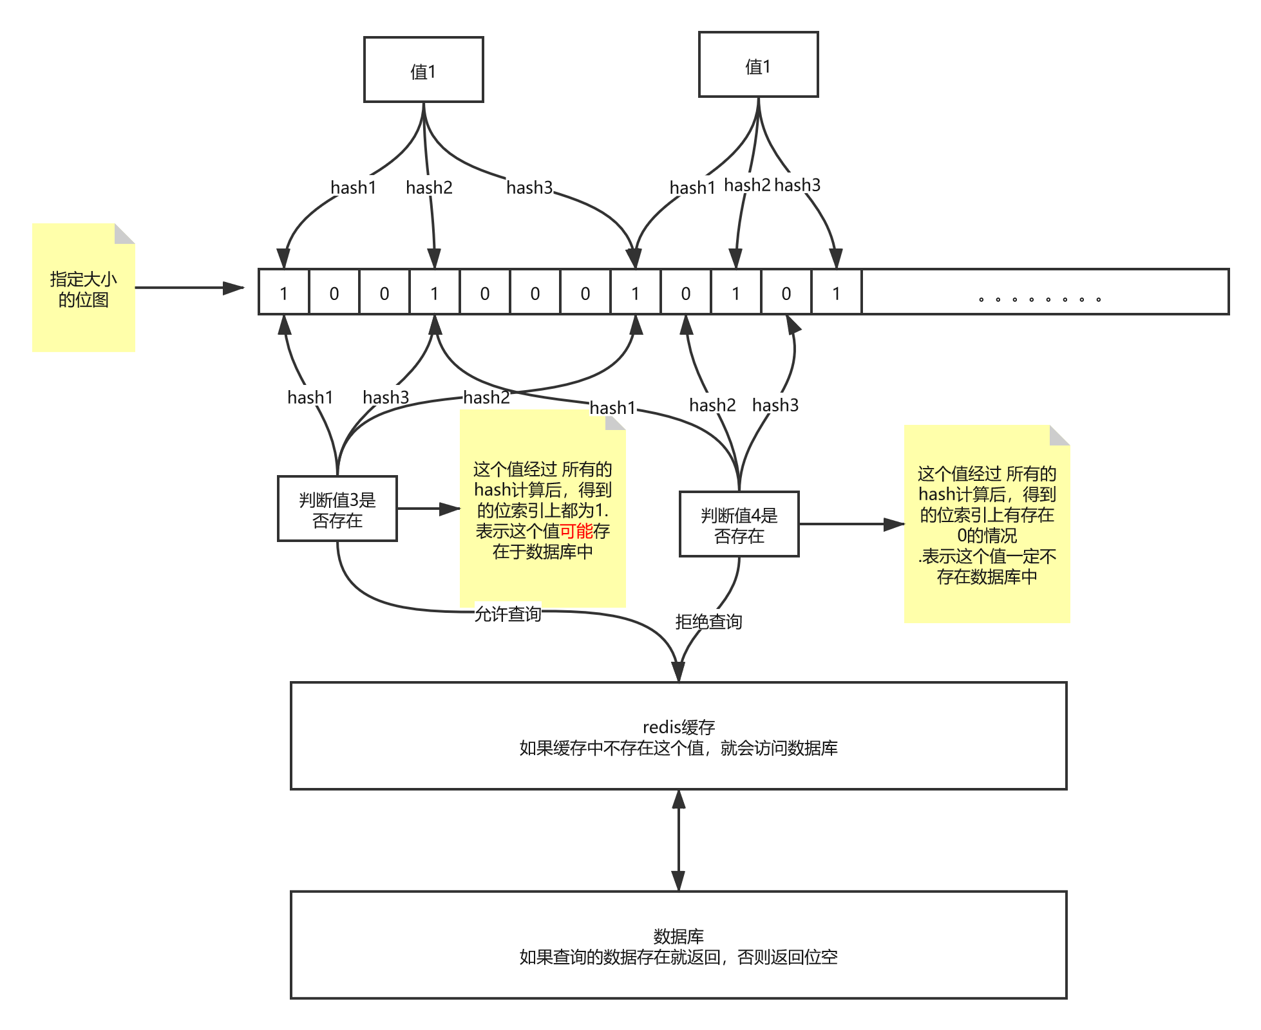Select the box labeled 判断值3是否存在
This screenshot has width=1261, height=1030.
point(337,509)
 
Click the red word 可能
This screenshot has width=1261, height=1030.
point(576,531)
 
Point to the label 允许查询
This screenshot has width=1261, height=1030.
point(507,614)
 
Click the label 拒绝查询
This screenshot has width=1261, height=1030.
point(708,621)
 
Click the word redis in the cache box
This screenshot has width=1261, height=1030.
point(661,727)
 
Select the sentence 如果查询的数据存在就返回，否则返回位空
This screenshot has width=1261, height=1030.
point(678,957)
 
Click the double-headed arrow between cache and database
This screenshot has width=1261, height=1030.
point(678,840)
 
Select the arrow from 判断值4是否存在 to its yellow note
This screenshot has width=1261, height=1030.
point(850,525)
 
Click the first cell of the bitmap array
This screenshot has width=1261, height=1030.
point(283,294)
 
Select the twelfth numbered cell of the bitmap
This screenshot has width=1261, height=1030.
point(836,294)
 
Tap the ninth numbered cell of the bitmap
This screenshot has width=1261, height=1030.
point(685,294)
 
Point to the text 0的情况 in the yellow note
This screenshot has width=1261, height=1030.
point(987,536)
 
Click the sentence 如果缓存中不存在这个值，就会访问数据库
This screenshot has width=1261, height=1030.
point(678,748)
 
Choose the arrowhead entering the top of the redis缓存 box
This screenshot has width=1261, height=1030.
point(678,673)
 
